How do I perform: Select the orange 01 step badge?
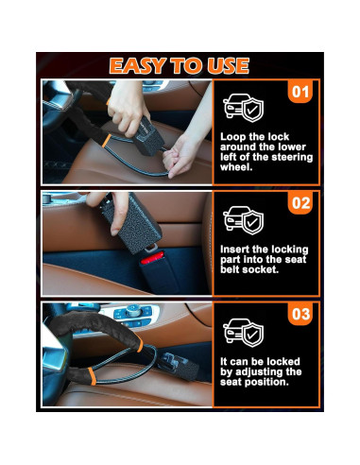(299, 94)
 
